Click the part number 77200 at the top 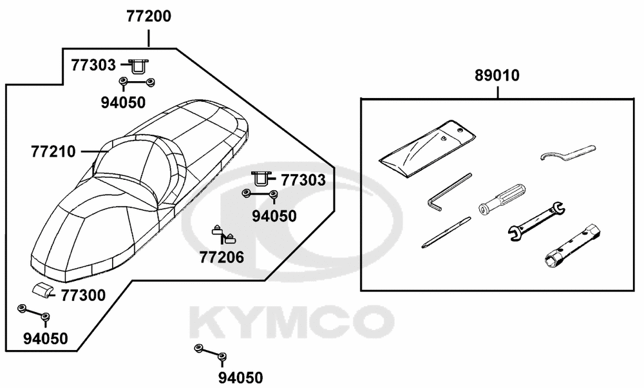[149, 17]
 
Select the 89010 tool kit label [497, 75]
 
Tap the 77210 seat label [53, 151]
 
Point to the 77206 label [222, 257]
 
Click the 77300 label [83, 295]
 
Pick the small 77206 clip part [225, 235]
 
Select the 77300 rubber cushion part [43, 290]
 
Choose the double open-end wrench [536, 220]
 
